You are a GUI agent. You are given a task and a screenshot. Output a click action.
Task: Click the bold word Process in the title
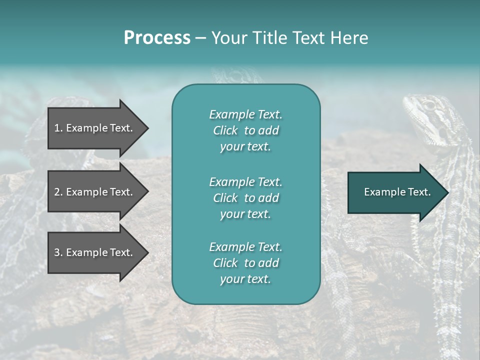[x=157, y=38]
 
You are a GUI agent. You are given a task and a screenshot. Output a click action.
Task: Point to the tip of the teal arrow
[x=447, y=192]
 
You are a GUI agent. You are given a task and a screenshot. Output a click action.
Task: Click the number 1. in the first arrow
[x=58, y=128]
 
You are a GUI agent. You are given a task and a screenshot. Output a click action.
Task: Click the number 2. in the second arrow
[x=58, y=192]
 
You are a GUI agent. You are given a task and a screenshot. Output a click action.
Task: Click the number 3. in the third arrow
[x=58, y=252]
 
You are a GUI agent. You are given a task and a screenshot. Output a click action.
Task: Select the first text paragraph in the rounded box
[x=245, y=130]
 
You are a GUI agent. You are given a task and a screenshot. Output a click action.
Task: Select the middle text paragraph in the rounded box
[x=245, y=197]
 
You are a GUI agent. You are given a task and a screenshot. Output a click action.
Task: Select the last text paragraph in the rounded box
[x=245, y=263]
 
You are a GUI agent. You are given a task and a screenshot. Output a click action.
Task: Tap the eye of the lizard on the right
[x=428, y=105]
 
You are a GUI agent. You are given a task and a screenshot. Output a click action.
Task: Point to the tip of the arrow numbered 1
[x=147, y=128]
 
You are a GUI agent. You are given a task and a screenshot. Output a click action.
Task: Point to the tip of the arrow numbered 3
[x=147, y=252]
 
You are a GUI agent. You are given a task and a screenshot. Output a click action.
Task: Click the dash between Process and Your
[x=200, y=38]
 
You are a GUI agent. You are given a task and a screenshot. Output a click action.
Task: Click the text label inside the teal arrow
[x=397, y=192]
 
